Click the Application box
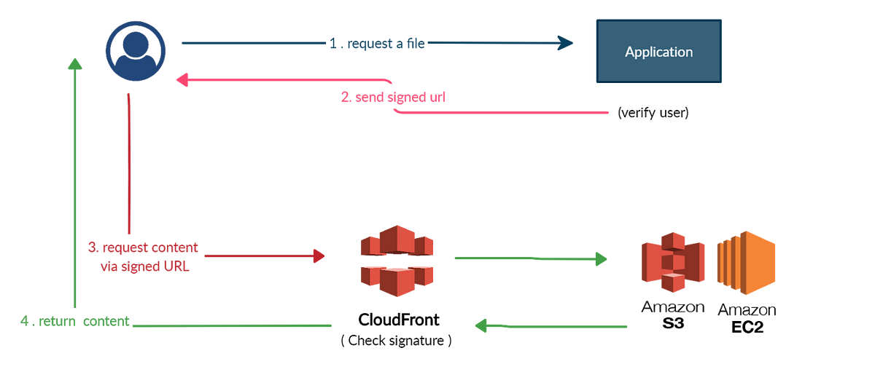(658, 52)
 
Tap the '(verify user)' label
(653, 114)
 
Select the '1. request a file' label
(376, 44)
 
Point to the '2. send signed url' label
(394, 98)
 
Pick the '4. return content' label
(75, 321)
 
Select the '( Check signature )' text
(397, 339)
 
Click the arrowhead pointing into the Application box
(566, 44)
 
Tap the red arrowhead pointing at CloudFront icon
(319, 256)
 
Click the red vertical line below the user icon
(128, 167)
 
